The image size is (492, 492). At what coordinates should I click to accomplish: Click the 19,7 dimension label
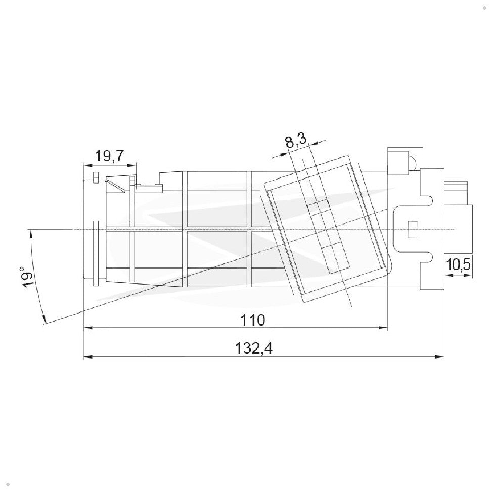(x=110, y=156)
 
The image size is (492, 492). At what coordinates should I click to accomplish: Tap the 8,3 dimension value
(x=296, y=141)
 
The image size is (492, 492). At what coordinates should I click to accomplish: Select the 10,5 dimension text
(x=459, y=265)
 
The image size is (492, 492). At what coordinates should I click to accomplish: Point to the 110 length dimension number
(x=253, y=320)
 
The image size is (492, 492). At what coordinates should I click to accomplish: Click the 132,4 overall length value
(x=254, y=348)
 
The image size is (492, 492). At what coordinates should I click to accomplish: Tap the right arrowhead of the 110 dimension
(x=383, y=328)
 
